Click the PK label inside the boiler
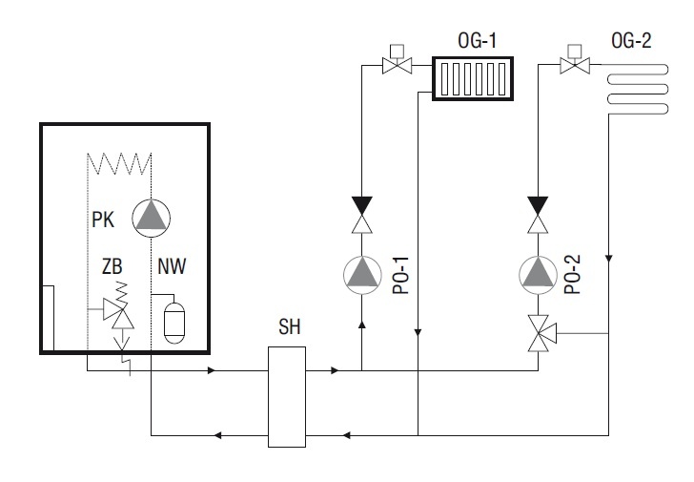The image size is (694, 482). pyautogui.click(x=103, y=220)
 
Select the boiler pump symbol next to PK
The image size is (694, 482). pyautogui.click(x=151, y=218)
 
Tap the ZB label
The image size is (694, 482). pyautogui.click(x=112, y=266)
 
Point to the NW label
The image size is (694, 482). pyautogui.click(x=172, y=266)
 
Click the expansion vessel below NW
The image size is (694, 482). pyautogui.click(x=173, y=323)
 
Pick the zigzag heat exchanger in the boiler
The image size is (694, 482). pyautogui.click(x=119, y=163)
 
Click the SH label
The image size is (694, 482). pyautogui.click(x=290, y=326)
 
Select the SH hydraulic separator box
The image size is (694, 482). pyautogui.click(x=287, y=397)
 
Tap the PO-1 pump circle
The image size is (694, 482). pyautogui.click(x=362, y=275)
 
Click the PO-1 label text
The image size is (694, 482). pyautogui.click(x=401, y=276)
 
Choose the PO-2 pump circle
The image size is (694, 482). pyautogui.click(x=538, y=275)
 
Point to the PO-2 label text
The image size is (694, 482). pyautogui.click(x=572, y=275)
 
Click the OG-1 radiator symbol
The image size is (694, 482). pyautogui.click(x=473, y=79)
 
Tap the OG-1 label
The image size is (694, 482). pyautogui.click(x=477, y=41)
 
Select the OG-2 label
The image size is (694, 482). pyautogui.click(x=631, y=41)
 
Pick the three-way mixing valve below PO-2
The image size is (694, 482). pyautogui.click(x=541, y=333)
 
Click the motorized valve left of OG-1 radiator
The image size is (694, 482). pyautogui.click(x=397, y=61)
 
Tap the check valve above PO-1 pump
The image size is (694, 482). pyautogui.click(x=362, y=215)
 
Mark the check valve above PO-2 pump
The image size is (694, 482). pyautogui.click(x=538, y=215)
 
